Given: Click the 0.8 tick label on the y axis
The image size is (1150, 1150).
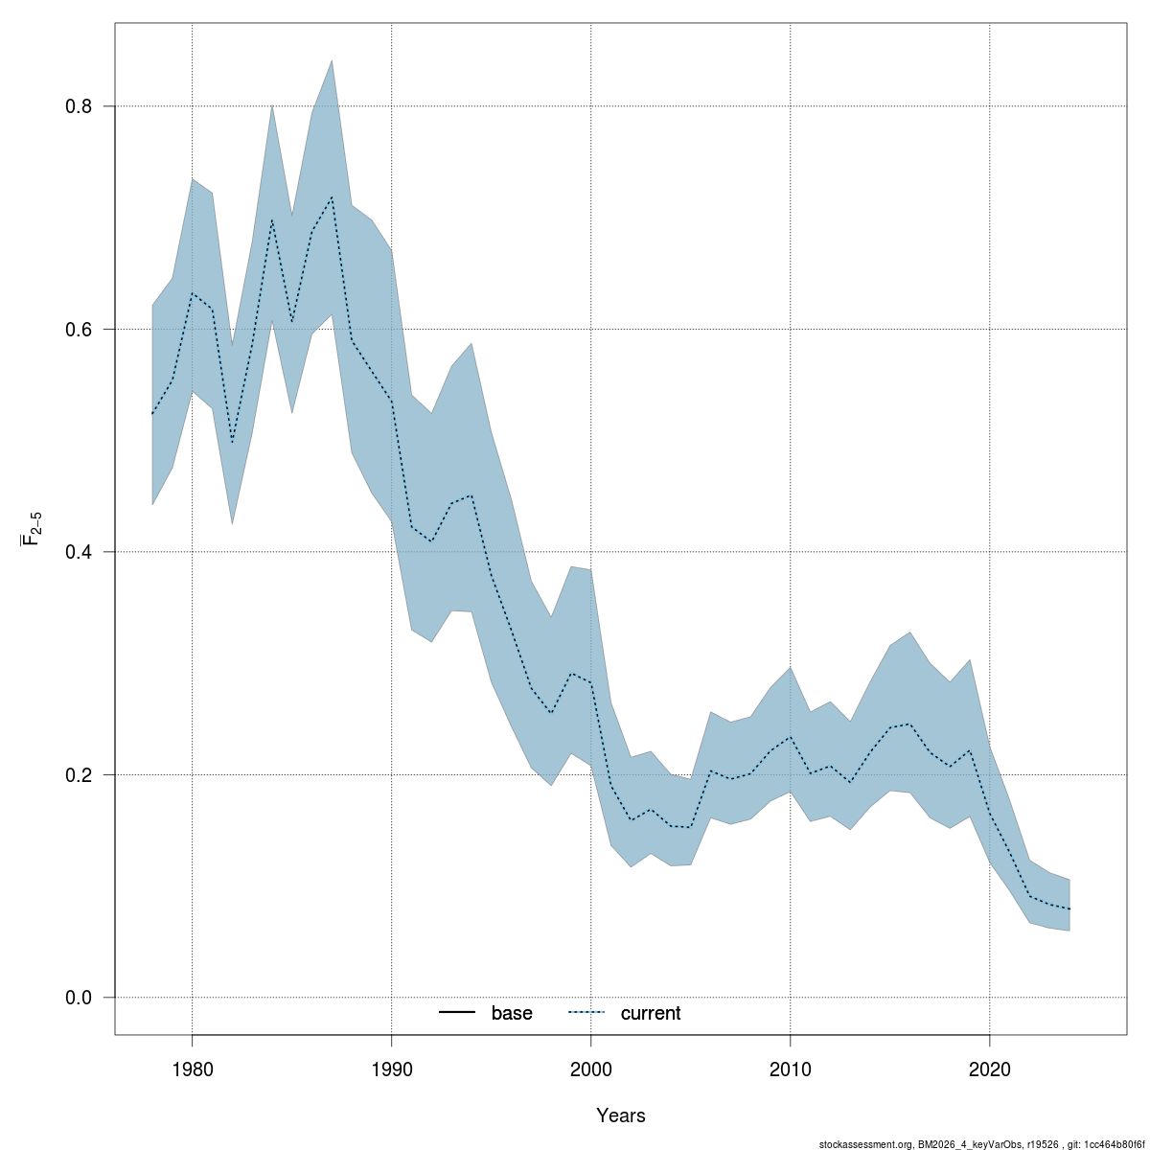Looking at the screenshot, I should [79, 106].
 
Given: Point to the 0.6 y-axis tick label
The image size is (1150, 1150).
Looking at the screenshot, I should [79, 329].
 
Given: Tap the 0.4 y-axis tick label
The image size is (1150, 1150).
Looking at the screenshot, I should [79, 552].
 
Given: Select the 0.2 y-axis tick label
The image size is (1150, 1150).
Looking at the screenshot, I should [79, 774].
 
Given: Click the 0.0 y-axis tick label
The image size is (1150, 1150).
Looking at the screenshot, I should [79, 998].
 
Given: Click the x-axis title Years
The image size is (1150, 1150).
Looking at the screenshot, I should [621, 1115].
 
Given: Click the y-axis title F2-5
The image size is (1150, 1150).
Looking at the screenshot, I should [33, 528].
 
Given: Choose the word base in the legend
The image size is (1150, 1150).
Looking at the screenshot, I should [512, 1013].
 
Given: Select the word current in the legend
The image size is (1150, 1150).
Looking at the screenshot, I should [651, 1013].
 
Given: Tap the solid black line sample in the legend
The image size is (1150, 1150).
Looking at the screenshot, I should [458, 1013].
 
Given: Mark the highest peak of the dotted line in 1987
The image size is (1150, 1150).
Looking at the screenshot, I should [332, 197].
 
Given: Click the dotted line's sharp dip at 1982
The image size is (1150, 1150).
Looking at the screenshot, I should [232, 443].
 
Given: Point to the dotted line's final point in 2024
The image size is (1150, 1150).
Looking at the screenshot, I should [1069, 908].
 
